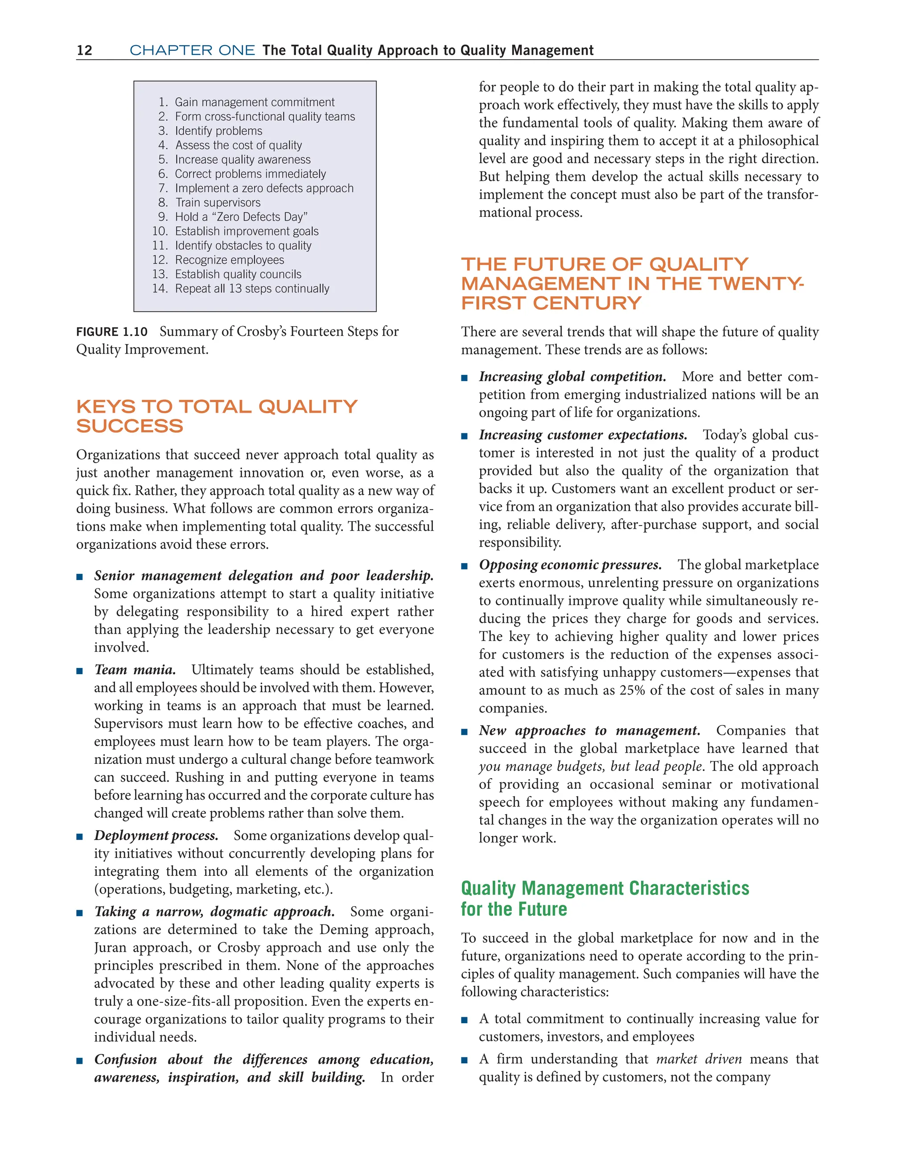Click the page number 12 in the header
click(85, 50)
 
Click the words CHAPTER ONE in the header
click(192, 50)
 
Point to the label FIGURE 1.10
click(112, 332)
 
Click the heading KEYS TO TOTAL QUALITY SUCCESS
click(216, 416)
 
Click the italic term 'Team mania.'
click(135, 670)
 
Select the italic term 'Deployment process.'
click(156, 836)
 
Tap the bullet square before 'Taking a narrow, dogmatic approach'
click(80, 912)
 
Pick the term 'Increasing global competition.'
click(572, 377)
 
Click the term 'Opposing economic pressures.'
click(570, 565)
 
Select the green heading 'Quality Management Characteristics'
click(605, 888)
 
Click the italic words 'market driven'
click(699, 1059)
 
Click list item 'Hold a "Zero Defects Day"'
click(241, 217)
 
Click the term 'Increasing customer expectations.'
click(583, 435)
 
